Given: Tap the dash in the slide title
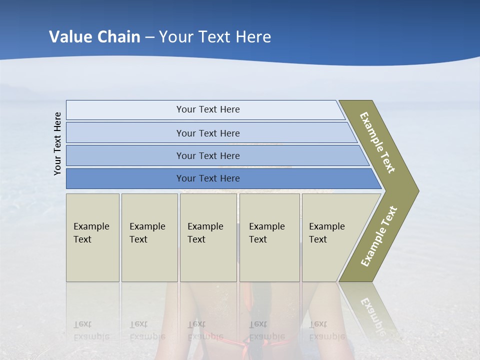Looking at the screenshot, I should click(150, 37).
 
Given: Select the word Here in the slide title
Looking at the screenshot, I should click(253, 36).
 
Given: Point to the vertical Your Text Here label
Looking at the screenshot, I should click(57, 144).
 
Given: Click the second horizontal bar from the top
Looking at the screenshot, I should click(207, 133).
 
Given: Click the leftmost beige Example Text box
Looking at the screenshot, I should click(92, 237).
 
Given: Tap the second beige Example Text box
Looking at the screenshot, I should click(149, 237).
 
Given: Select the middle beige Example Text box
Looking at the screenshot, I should click(208, 237).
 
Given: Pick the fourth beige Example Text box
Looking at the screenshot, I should click(269, 237).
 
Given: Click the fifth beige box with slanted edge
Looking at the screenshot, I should click(332, 237).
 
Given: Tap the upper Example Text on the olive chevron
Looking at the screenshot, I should click(377, 142).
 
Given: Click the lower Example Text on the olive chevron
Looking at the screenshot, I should click(379, 236).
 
